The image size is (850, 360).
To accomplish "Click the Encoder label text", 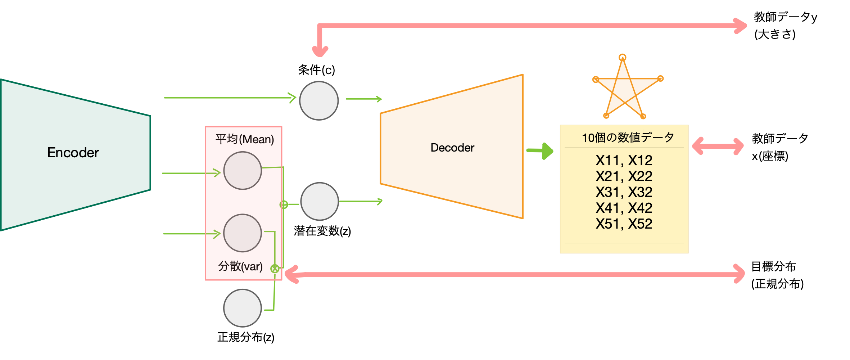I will pyautogui.click(x=73, y=153).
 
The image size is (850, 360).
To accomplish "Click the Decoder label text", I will pyautogui.click(x=452, y=148).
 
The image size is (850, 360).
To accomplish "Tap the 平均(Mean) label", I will pyautogui.click(x=245, y=139).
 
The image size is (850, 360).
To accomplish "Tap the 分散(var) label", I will pyautogui.click(x=240, y=266).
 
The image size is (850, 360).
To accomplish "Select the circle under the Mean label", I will pyautogui.click(x=243, y=171).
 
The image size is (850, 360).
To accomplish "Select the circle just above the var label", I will pyautogui.click(x=243, y=233).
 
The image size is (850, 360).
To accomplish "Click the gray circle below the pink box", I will pyautogui.click(x=243, y=308).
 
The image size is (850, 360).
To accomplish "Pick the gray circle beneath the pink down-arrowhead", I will pyautogui.click(x=319, y=100).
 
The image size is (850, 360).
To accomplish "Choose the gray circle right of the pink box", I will pyautogui.click(x=320, y=201).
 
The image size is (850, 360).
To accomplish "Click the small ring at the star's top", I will pyautogui.click(x=623, y=57).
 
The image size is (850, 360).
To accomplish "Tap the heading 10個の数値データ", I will pyautogui.click(x=628, y=138).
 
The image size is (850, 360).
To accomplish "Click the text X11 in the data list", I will pyautogui.click(x=607, y=160).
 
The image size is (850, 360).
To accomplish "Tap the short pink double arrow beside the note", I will pyautogui.click(x=718, y=147).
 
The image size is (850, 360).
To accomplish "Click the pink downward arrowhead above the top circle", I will pyautogui.click(x=320, y=51).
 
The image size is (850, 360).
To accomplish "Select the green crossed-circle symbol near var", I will pyautogui.click(x=275, y=269).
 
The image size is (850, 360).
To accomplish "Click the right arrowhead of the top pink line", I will pyautogui.click(x=741, y=26).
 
